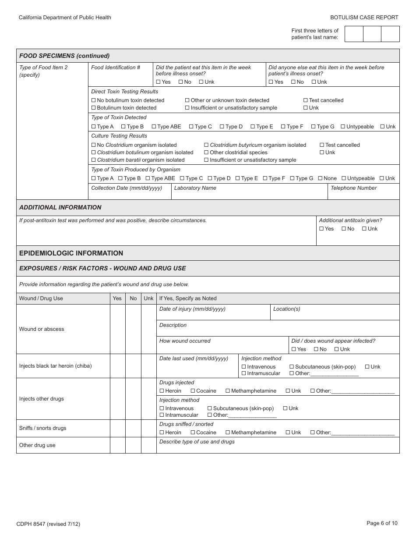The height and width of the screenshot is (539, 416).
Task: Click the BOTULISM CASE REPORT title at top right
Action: click(x=364, y=18)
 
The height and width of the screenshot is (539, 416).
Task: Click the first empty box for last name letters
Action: click(x=354, y=34)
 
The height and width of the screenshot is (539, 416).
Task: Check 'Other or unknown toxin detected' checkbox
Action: click(x=187, y=100)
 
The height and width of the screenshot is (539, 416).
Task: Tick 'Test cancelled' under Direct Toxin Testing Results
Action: click(x=306, y=100)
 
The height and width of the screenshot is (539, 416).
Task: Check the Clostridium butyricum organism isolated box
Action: click(x=206, y=145)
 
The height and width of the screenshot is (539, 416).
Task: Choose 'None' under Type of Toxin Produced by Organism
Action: click(x=321, y=178)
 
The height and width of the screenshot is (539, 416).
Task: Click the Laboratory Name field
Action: click(x=249, y=193)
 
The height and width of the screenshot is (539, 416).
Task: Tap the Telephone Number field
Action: click(x=363, y=193)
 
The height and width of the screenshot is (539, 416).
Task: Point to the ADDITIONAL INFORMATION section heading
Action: click(x=60, y=207)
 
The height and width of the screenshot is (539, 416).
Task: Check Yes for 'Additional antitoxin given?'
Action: click(x=321, y=229)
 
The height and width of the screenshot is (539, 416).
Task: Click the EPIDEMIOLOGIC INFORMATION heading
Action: click(x=71, y=253)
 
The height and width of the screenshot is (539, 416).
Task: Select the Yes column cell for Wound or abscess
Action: click(x=117, y=329)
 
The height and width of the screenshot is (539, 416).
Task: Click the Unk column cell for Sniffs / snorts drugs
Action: click(x=148, y=428)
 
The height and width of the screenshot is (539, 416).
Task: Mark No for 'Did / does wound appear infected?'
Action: click(x=316, y=349)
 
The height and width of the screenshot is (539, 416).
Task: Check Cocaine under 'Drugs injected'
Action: click(x=193, y=391)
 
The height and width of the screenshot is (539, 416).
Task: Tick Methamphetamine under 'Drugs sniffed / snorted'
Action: click(x=228, y=433)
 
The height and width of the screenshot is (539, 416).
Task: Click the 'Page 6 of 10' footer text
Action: click(x=382, y=523)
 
